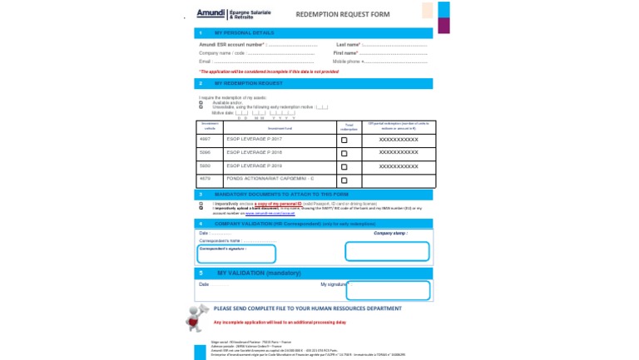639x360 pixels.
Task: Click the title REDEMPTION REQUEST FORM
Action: [x=342, y=15]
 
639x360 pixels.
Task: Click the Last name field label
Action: [x=348, y=44]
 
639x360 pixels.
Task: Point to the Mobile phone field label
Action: [x=348, y=62]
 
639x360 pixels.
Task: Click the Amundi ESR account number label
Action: [x=231, y=44]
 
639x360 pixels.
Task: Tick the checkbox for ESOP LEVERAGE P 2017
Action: [x=344, y=141]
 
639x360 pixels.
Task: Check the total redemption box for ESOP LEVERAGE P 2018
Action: [x=344, y=154]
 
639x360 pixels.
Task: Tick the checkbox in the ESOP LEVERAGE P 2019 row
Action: [x=344, y=167]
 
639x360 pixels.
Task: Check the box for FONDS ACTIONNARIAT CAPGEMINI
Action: [x=344, y=180]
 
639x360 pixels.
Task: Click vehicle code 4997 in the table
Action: [x=206, y=140]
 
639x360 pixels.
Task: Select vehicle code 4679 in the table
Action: [x=206, y=179]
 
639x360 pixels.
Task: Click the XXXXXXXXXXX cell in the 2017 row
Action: [x=399, y=141]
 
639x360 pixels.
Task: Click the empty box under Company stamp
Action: [x=387, y=250]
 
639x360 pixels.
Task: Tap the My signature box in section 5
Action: [x=388, y=290]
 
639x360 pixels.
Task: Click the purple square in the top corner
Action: [x=443, y=25]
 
